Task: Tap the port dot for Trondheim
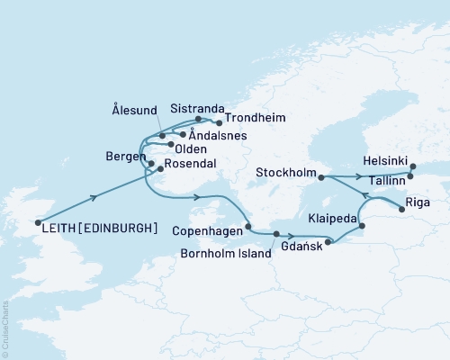(220, 122)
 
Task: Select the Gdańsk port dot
(328, 241)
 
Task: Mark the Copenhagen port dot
(248, 227)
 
